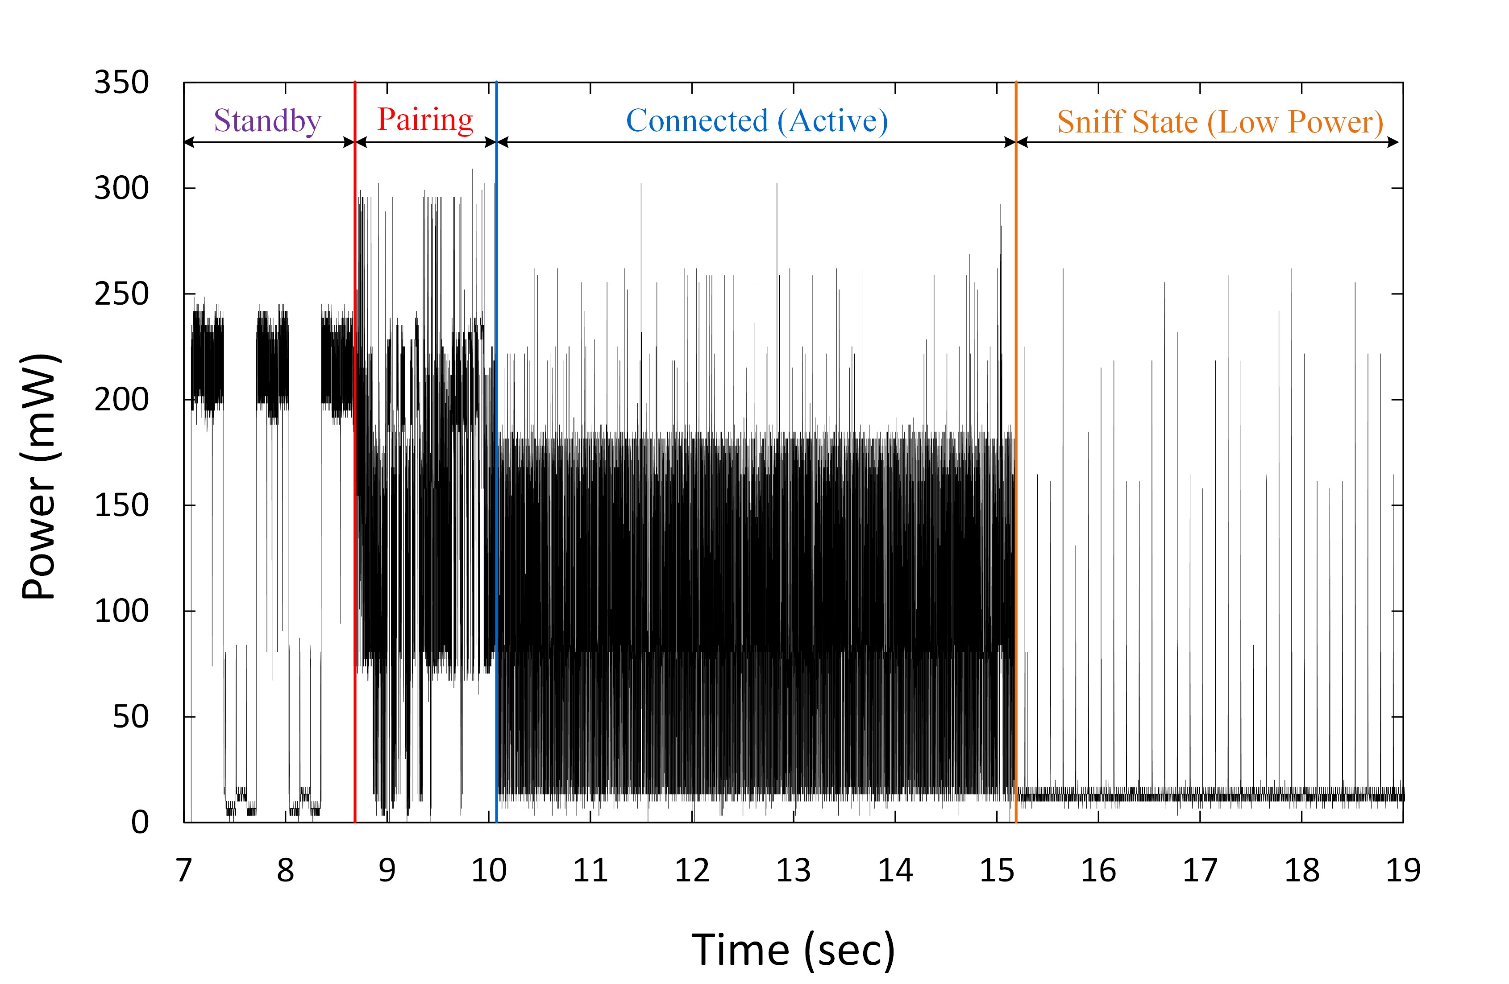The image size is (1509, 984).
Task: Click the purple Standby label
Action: [x=267, y=120]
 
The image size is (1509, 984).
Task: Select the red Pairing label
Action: [x=425, y=119]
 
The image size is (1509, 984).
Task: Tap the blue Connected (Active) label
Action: [x=757, y=120]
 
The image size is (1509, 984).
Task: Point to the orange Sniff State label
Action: [x=1220, y=122]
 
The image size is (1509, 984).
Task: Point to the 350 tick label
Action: [x=122, y=83]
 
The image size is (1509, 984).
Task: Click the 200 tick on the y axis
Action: [x=122, y=400]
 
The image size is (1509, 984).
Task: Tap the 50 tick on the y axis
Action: [x=131, y=717]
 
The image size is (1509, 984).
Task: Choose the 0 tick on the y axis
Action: [x=140, y=823]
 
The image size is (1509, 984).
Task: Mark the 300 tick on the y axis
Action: [x=122, y=189]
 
